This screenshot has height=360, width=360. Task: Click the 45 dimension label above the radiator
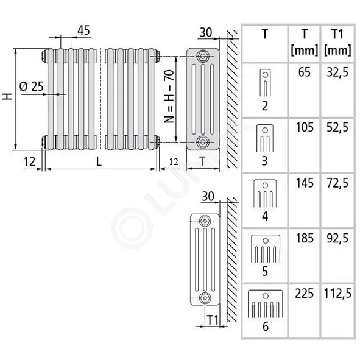pos(83,30)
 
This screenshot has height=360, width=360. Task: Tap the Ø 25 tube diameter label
pos(32,86)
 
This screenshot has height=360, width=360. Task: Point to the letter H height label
pos(7,96)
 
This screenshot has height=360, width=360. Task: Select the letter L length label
pos(99,162)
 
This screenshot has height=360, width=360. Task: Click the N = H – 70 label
pos(169,96)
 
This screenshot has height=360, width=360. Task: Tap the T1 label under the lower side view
pos(213,320)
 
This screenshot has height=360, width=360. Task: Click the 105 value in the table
pos(305,127)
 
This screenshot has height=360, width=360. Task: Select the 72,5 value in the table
pos(337,183)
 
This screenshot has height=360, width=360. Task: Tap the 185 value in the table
pos(305,238)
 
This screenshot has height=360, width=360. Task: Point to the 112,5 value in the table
pos(337,294)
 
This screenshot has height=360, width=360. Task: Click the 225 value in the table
pos(305,294)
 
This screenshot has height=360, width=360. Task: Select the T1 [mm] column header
pos(337,42)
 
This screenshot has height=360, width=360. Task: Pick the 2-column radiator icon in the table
pos(265,83)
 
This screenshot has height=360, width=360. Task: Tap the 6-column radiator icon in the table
pos(266,304)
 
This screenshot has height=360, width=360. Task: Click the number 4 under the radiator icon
pos(265,216)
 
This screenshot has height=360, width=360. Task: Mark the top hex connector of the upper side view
pos(203,56)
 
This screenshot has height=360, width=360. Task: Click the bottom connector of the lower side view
pos(204,298)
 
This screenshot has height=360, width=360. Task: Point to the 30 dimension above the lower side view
pos(208,197)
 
